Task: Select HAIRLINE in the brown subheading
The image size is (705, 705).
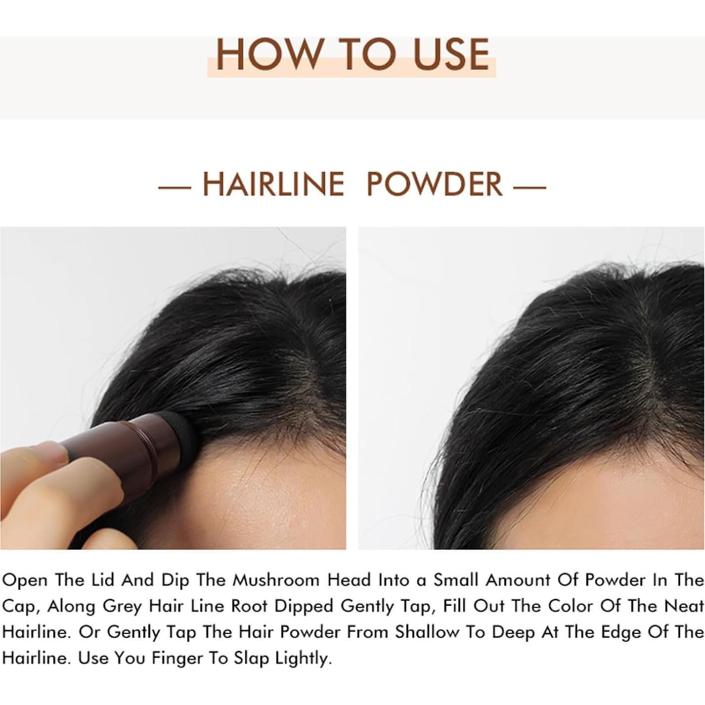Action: pyautogui.click(x=273, y=184)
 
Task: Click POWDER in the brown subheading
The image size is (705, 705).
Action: pyautogui.click(x=435, y=184)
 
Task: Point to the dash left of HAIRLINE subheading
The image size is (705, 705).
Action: pyautogui.click(x=175, y=187)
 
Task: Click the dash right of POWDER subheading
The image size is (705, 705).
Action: pyautogui.click(x=530, y=187)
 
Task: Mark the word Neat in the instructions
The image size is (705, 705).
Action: pyautogui.click(x=684, y=606)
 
